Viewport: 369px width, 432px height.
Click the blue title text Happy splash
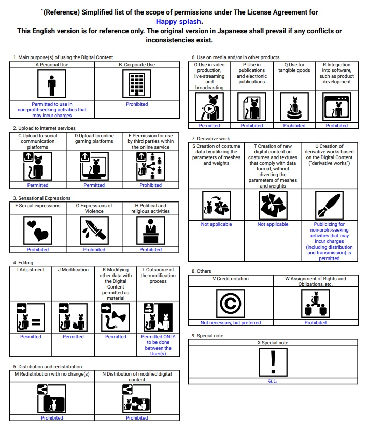179,22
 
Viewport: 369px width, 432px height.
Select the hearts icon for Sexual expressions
38,230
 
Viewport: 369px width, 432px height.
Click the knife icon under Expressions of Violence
94,230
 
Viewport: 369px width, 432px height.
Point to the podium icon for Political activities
150,230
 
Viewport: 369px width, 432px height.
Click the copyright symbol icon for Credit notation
230,303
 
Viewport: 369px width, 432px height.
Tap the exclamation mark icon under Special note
273,362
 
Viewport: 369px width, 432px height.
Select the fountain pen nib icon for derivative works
329,205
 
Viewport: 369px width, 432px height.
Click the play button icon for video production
209,108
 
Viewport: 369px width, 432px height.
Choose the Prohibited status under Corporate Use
137,104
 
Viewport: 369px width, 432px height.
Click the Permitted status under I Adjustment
31,337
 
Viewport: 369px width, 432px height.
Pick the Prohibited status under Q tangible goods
294,126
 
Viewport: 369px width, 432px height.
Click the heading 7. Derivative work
210,139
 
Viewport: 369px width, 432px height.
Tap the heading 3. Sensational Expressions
42,198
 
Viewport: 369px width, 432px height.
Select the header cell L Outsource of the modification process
158,276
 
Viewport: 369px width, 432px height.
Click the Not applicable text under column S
216,224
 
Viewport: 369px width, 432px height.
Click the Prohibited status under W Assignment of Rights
316,323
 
